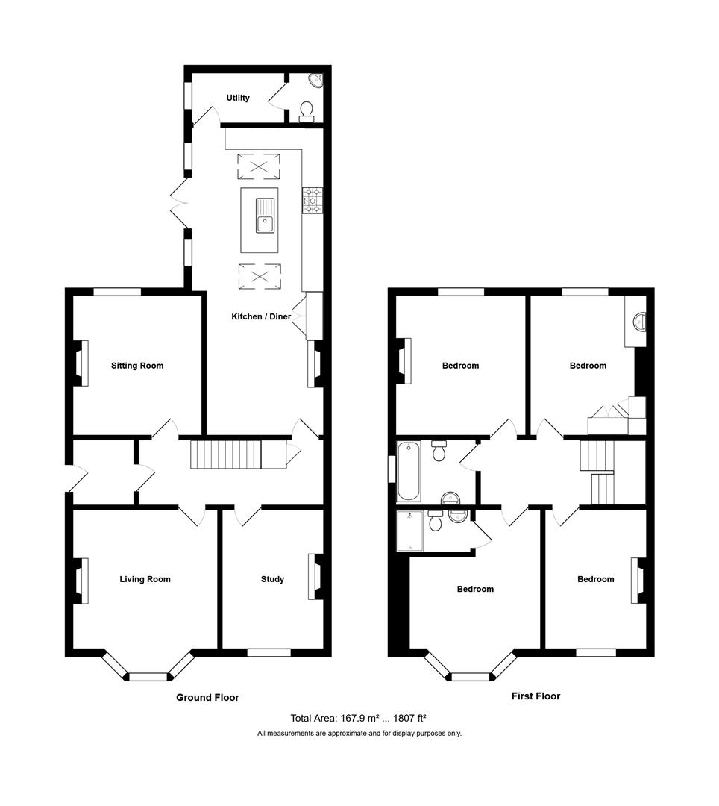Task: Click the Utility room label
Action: click(238, 98)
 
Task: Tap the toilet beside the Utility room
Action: click(306, 112)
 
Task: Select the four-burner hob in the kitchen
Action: click(312, 200)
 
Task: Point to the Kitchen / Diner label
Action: click(261, 317)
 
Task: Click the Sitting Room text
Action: click(137, 366)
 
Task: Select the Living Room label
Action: click(145, 579)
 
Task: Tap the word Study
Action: click(272, 579)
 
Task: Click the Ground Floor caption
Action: click(207, 698)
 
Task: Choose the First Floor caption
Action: click(536, 696)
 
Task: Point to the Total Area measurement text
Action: click(358, 719)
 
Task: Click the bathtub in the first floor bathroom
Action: click(408, 471)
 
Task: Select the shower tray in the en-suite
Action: click(410, 531)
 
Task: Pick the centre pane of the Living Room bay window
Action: click(148, 677)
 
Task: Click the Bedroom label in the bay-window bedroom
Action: click(475, 589)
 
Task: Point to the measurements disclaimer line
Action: click(359, 734)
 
